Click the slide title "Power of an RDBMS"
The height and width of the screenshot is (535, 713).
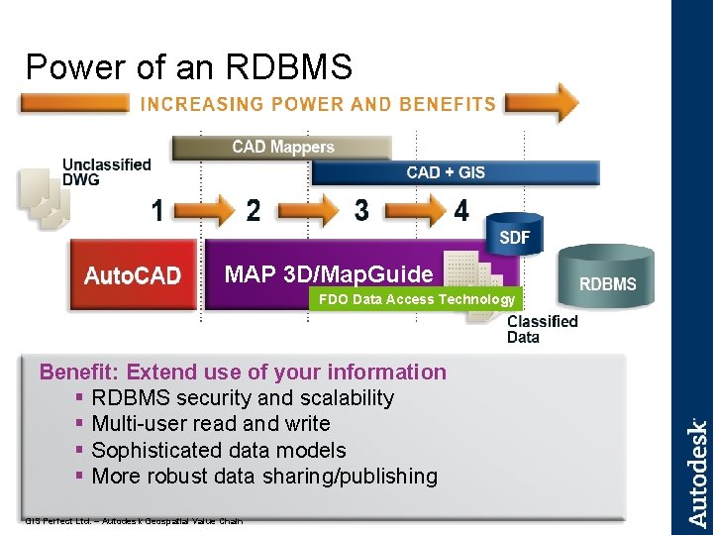click(188, 66)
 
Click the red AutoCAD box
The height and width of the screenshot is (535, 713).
click(133, 274)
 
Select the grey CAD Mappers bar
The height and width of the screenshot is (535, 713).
click(282, 148)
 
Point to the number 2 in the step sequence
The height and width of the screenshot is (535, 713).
click(254, 211)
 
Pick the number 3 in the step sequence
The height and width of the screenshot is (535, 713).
click(361, 210)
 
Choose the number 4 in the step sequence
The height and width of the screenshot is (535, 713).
click(461, 211)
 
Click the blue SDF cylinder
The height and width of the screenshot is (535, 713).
click(514, 235)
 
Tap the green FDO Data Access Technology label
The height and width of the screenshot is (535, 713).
click(414, 299)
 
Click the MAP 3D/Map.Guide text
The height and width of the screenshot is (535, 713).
click(329, 273)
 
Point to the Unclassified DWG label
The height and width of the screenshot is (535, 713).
click(107, 171)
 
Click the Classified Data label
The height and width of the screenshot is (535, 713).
click(542, 329)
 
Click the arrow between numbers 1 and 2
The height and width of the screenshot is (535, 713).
click(205, 211)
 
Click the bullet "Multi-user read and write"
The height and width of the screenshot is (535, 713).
click(210, 424)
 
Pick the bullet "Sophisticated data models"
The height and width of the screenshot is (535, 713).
click(218, 450)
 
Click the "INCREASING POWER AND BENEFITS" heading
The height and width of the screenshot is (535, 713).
click(318, 103)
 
